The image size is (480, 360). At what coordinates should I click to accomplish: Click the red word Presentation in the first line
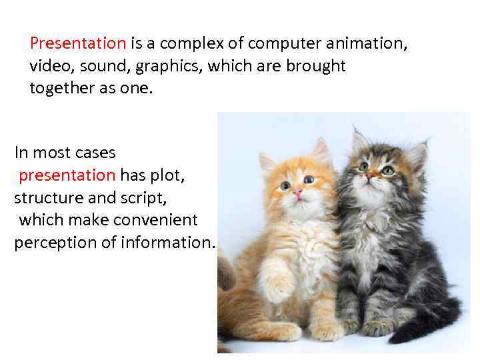tap(78, 44)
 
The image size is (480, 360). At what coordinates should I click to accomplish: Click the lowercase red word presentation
tap(67, 175)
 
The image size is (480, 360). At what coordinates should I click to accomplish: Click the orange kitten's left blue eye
tap(285, 185)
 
